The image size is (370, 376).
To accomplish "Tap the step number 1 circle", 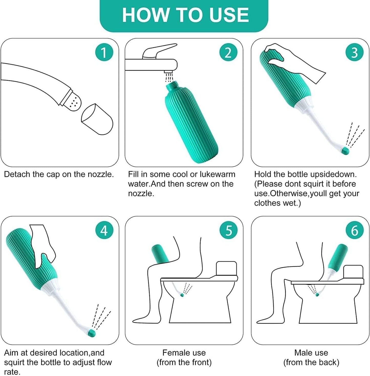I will point(104,52).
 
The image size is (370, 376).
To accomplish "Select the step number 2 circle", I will point(228,52).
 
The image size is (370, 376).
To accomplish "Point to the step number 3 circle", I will point(354,52).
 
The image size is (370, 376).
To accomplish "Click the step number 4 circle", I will point(104,230).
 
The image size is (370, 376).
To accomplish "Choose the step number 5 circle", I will point(228,230).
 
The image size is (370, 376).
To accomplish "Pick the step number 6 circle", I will point(354,230).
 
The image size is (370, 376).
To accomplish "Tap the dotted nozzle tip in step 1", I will point(74,103).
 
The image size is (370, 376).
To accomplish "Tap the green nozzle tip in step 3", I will point(345,151).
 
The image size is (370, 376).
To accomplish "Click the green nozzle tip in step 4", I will point(91,333).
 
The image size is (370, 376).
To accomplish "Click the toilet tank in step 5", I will point(226,268).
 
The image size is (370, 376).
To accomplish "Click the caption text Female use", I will point(184,353).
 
